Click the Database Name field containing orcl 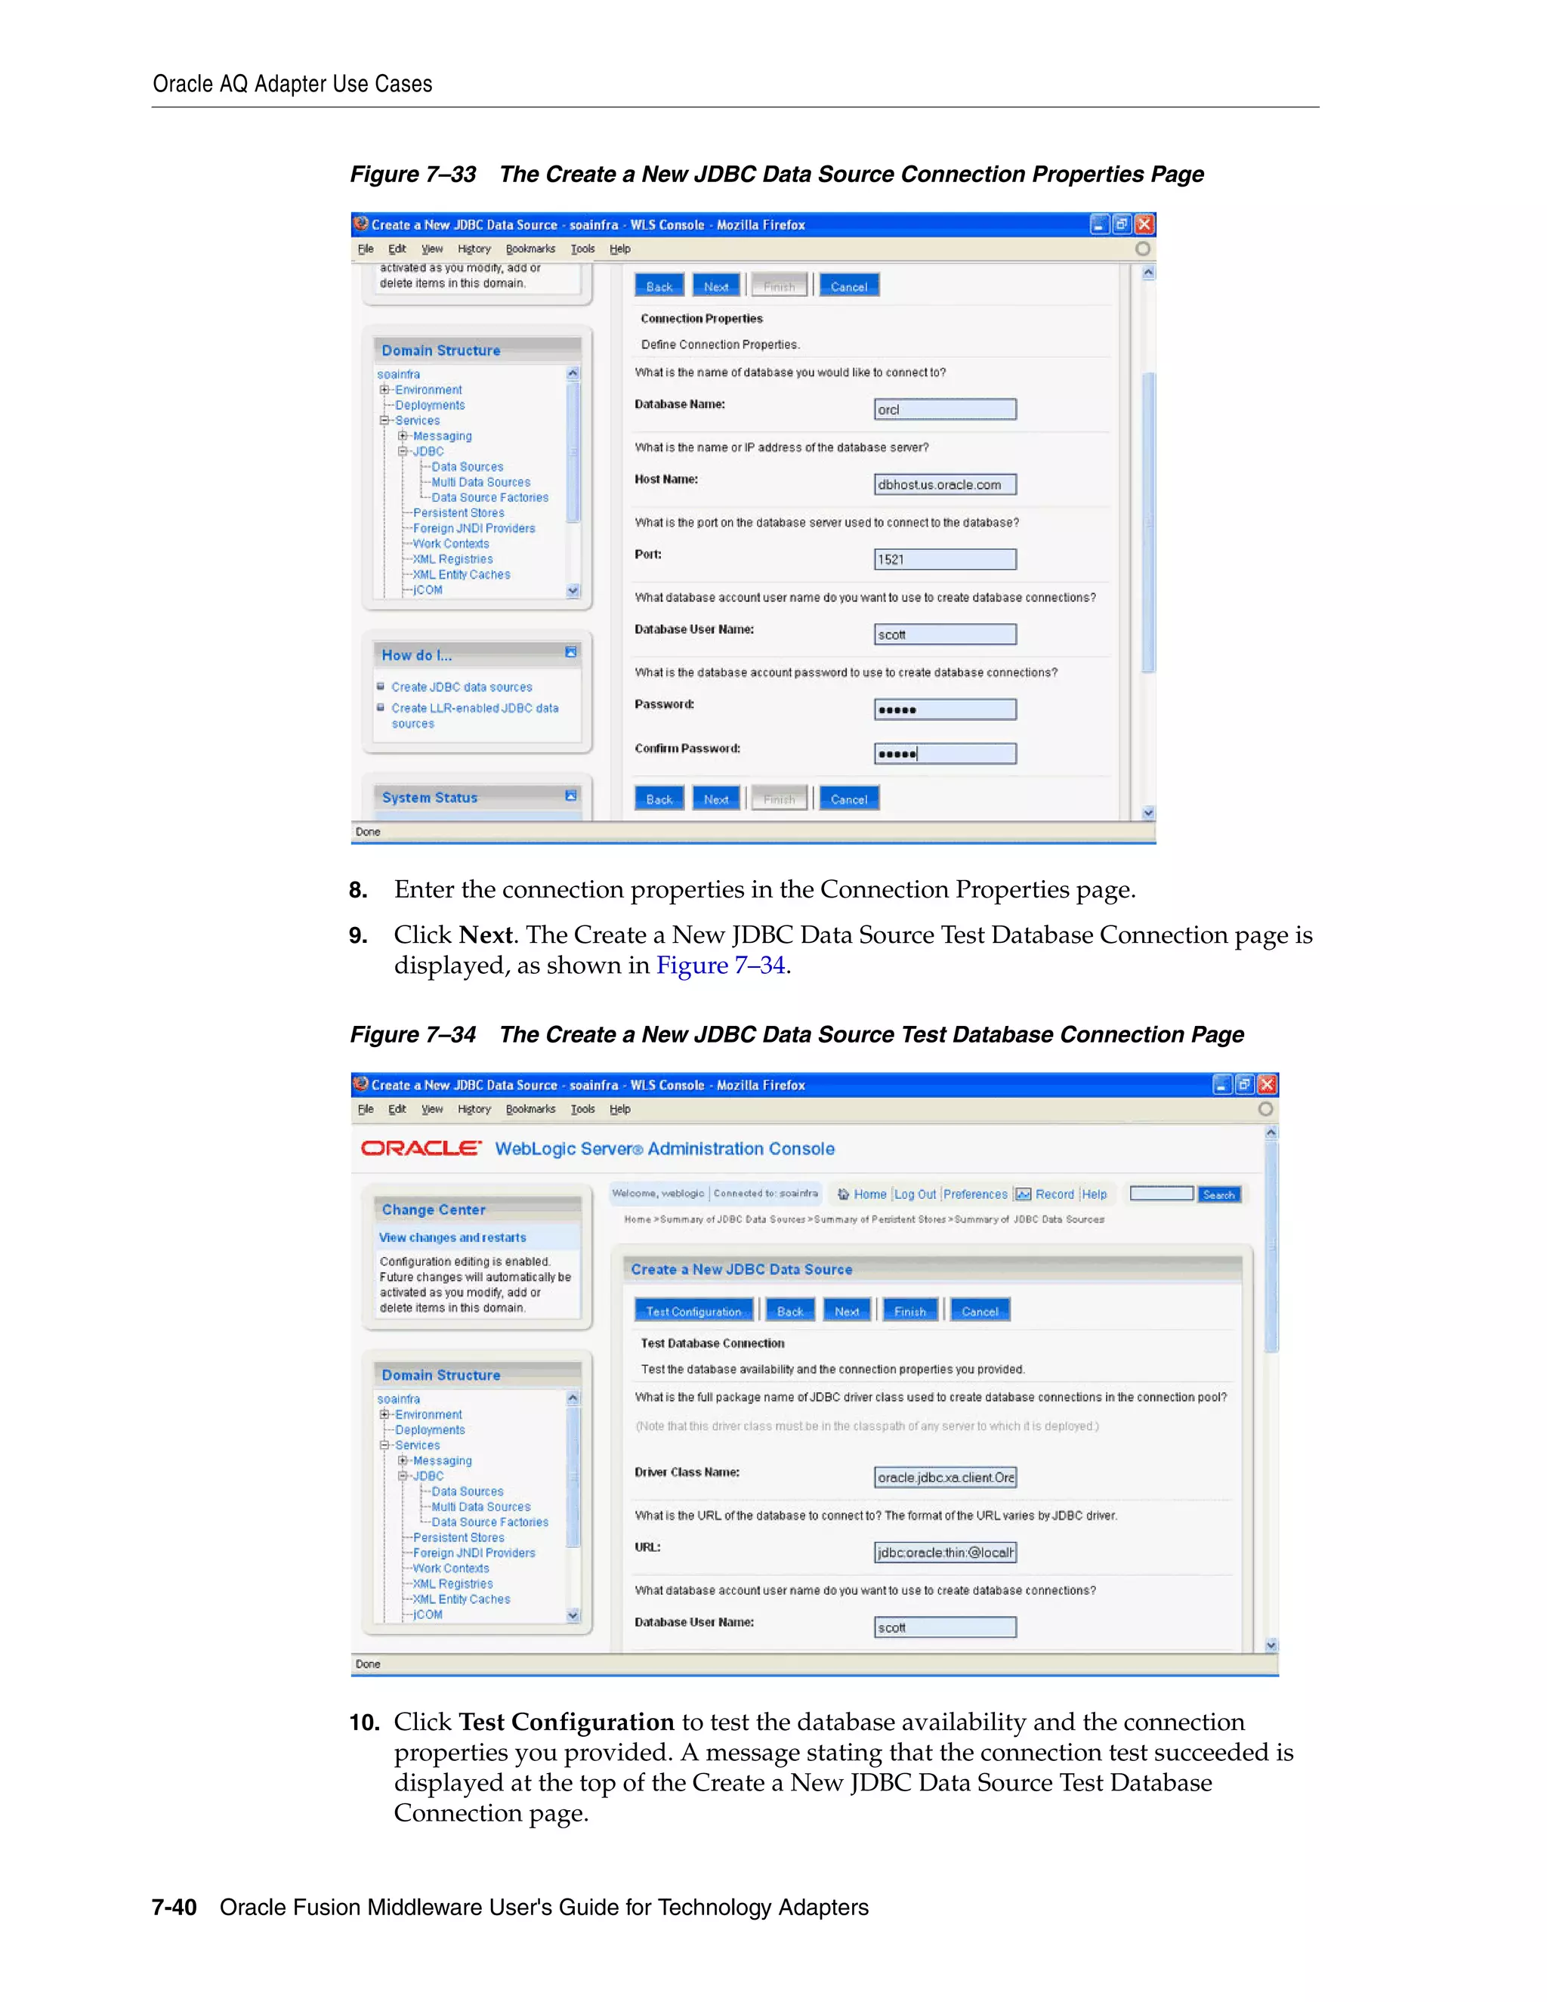pos(945,409)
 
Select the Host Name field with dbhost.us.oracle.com pos(945,484)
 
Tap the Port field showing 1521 pos(945,559)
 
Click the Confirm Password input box pos(945,753)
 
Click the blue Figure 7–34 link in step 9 pos(721,965)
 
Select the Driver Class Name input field pos(945,1477)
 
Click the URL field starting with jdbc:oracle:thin pos(945,1552)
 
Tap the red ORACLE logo pos(421,1148)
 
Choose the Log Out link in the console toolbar pos(915,1194)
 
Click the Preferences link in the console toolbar pos(975,1194)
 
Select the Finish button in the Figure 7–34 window pos(909,1311)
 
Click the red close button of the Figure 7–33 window pos(1144,224)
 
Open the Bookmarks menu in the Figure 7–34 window pos(530,1109)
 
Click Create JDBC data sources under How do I pos(461,687)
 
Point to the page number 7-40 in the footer pos(174,1907)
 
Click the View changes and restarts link pos(452,1237)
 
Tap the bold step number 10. pos(364,1722)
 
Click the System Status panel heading pos(430,798)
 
